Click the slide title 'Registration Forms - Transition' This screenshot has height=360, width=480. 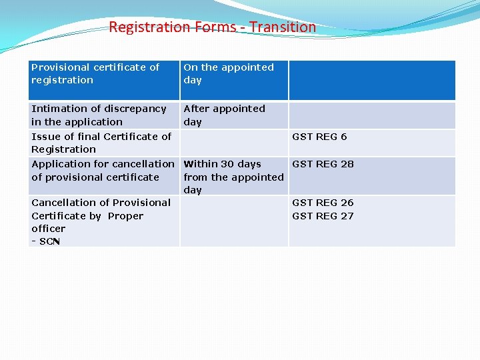coord(212,27)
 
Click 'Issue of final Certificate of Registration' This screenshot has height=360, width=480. coord(101,143)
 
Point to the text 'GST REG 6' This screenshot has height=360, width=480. coord(319,137)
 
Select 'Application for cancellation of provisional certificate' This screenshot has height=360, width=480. coord(103,170)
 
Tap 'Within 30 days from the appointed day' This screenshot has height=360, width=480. coord(233,177)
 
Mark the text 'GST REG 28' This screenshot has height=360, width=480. coord(323,164)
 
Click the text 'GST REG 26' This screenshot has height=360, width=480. coord(323,203)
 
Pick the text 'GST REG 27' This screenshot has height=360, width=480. coord(323,216)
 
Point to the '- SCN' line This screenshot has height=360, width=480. coord(46,241)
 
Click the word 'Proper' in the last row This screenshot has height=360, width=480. coord(125,216)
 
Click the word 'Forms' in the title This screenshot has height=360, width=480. coord(215,27)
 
